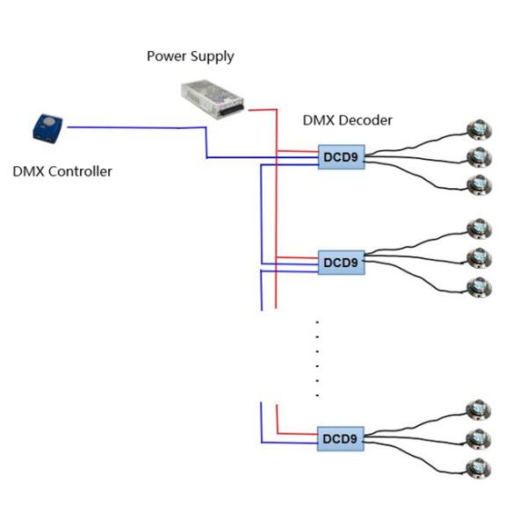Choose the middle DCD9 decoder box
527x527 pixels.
(341, 262)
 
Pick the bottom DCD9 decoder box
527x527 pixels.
(341, 438)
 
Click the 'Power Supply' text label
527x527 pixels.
(190, 56)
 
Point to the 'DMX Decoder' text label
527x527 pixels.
(347, 120)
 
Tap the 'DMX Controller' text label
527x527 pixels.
(62, 171)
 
